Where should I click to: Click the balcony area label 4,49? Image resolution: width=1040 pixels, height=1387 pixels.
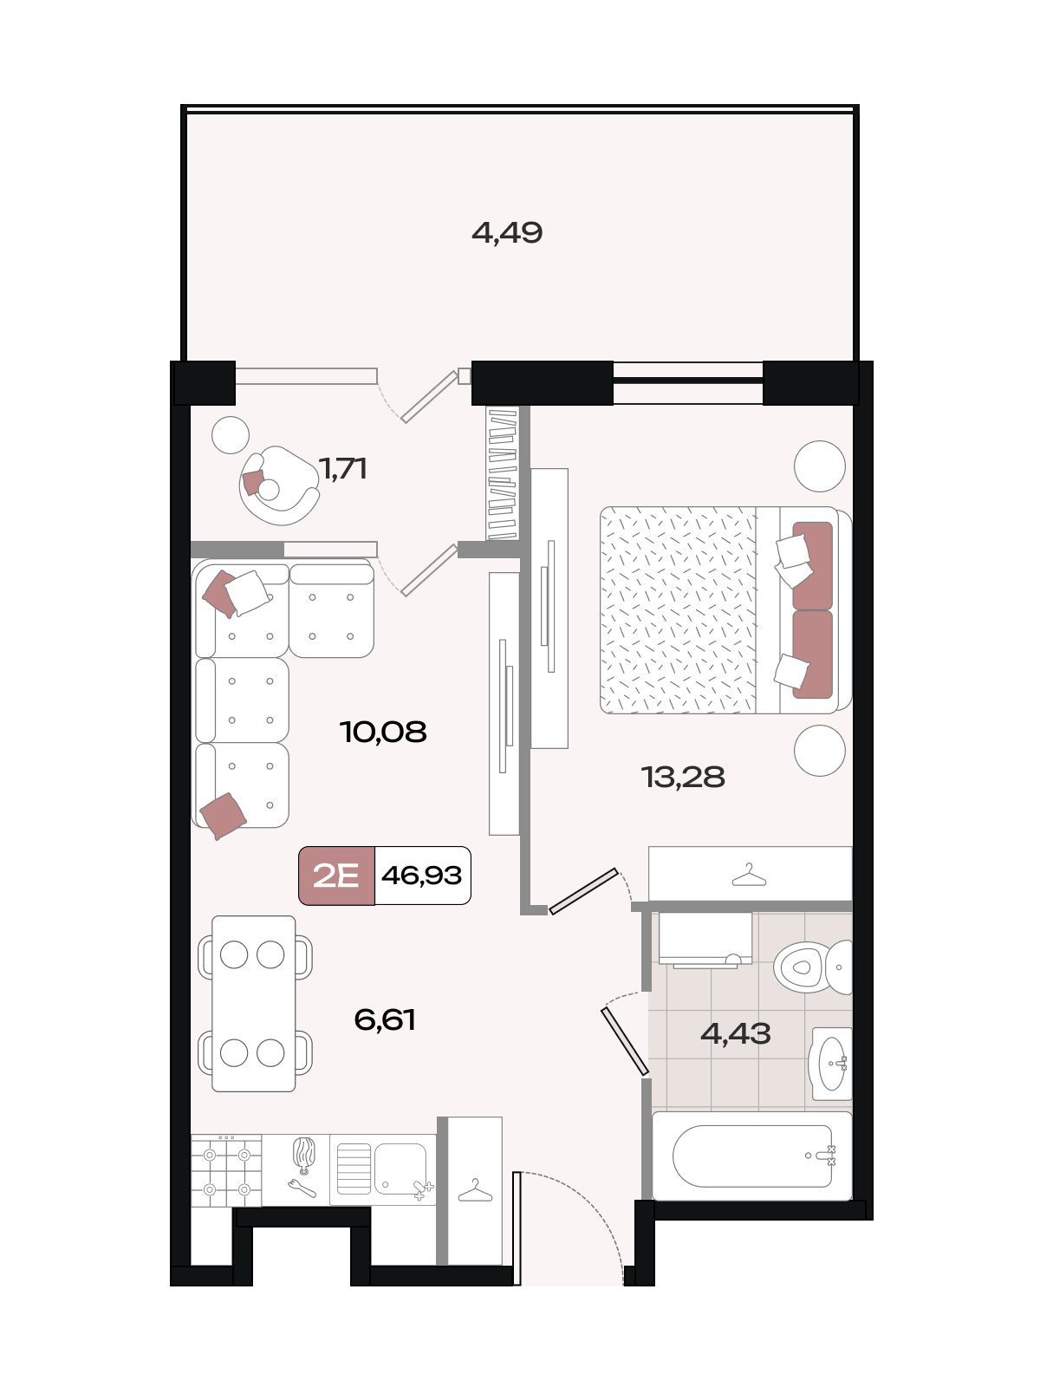pyautogui.click(x=507, y=233)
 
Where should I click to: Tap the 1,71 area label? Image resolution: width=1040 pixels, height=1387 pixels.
pyautogui.click(x=343, y=469)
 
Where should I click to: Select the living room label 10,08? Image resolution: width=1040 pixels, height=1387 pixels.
pyautogui.click(x=383, y=732)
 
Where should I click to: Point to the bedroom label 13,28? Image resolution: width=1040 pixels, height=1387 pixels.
pyautogui.click(x=683, y=778)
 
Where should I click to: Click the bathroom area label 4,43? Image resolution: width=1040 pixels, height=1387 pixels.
pyautogui.click(x=736, y=1034)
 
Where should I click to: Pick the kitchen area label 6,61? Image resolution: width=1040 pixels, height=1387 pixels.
pyautogui.click(x=385, y=1019)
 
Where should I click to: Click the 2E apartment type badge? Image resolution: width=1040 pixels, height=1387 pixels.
pyautogui.click(x=336, y=876)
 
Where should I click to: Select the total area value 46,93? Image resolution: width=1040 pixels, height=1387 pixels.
pyautogui.click(x=422, y=876)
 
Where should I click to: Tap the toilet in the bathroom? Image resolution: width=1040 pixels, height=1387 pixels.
pyautogui.click(x=813, y=967)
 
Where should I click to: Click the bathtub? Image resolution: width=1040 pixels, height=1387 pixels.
pyautogui.click(x=752, y=1156)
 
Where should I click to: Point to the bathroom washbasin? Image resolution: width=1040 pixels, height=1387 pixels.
pyautogui.click(x=830, y=1065)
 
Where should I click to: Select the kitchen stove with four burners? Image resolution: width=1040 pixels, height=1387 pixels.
pyautogui.click(x=227, y=1171)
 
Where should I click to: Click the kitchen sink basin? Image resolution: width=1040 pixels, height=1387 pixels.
pyautogui.click(x=382, y=1169)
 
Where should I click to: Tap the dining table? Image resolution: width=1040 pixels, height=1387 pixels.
pyautogui.click(x=254, y=1004)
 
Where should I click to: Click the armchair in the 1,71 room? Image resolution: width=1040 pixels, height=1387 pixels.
pyautogui.click(x=279, y=485)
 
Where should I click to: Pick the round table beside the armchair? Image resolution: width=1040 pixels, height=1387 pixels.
pyautogui.click(x=231, y=435)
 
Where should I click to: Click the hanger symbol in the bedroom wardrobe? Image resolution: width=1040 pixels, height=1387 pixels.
pyautogui.click(x=749, y=875)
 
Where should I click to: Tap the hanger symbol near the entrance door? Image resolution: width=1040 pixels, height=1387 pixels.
pyautogui.click(x=475, y=1190)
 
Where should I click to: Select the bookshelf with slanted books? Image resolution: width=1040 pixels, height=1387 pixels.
pyautogui.click(x=503, y=474)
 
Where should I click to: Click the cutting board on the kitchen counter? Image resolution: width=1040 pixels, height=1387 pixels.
pyautogui.click(x=303, y=1155)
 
